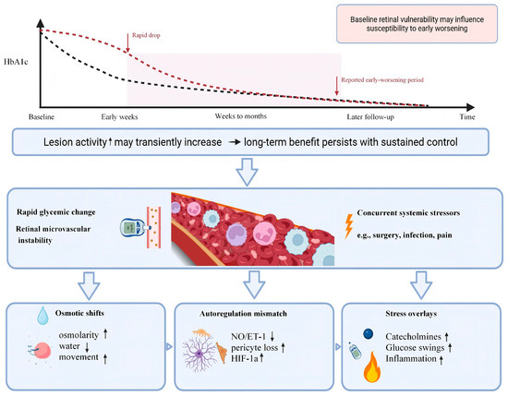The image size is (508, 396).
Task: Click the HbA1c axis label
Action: (16, 62)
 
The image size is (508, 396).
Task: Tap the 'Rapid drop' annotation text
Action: (146, 35)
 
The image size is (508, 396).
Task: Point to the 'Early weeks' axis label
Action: (119, 117)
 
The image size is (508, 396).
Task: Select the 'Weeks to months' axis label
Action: (241, 116)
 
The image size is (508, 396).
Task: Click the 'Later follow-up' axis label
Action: (370, 117)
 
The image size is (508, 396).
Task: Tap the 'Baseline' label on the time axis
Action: (42, 117)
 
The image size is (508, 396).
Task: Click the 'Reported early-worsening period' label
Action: (382, 80)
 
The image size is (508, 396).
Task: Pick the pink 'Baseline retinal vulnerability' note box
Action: (417, 24)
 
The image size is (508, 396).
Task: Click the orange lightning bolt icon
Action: (348, 225)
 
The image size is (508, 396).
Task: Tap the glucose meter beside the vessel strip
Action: (133, 228)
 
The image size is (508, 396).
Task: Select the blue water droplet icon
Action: (42, 316)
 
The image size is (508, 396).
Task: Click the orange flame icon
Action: (372, 367)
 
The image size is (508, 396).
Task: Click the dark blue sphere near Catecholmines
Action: (368, 334)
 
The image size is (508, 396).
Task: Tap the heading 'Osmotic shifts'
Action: (79, 313)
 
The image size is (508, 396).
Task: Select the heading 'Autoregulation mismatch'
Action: (243, 314)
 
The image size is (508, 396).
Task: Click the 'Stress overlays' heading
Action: (411, 314)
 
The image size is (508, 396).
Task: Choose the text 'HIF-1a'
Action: (245, 358)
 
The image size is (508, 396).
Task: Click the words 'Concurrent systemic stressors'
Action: (408, 212)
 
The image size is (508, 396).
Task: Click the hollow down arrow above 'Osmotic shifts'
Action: (89, 285)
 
